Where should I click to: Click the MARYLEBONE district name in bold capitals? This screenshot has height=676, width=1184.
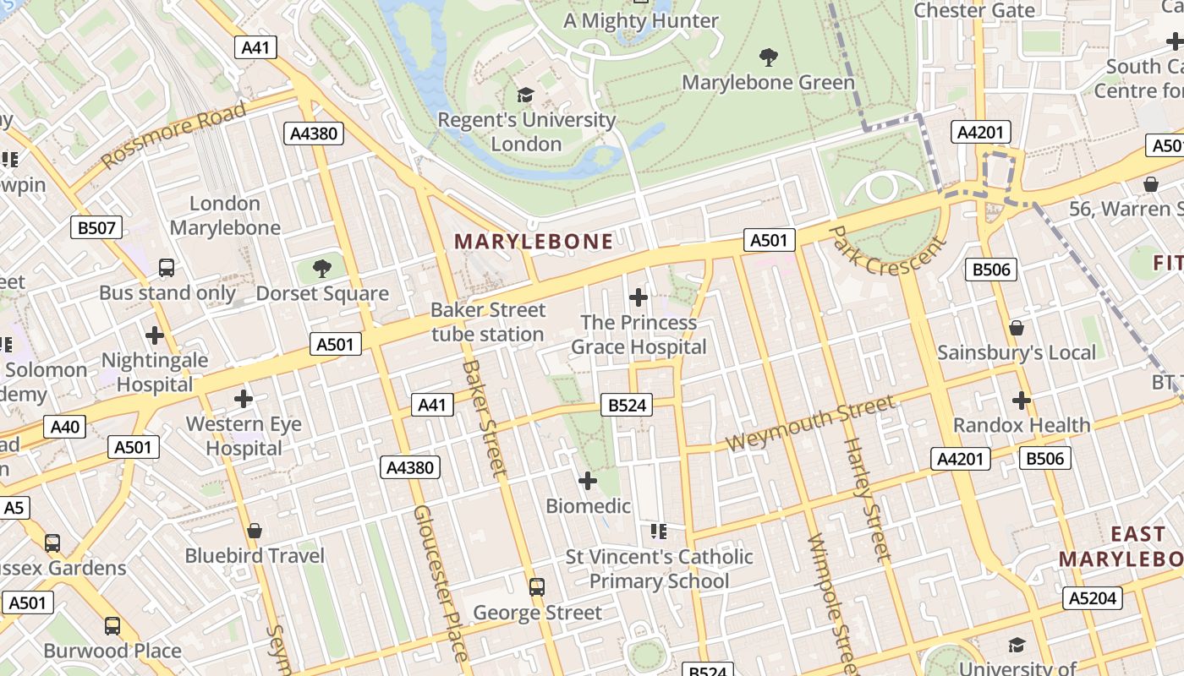[534, 242]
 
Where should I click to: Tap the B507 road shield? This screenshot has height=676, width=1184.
[98, 227]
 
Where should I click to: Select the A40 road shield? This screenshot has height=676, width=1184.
[65, 427]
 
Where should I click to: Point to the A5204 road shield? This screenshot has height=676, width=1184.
[1093, 598]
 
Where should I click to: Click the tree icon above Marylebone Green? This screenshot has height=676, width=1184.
[768, 57]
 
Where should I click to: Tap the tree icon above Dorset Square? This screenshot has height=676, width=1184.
[321, 269]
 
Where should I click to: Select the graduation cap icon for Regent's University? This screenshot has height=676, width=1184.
[526, 95]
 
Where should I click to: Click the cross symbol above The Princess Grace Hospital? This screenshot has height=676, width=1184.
[639, 297]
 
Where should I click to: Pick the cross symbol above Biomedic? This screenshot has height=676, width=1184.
[587, 481]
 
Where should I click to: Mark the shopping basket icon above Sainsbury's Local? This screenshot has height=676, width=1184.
[1017, 327]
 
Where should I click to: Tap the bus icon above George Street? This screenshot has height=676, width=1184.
[536, 586]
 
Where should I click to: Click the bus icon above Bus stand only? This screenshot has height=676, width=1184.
[167, 268]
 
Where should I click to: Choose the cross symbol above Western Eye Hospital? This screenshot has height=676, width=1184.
[244, 398]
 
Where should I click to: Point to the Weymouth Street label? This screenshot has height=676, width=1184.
[809, 424]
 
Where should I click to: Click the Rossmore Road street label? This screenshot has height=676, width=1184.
[174, 135]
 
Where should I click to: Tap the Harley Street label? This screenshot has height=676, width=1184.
[868, 499]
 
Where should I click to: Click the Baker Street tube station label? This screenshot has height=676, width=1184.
[488, 322]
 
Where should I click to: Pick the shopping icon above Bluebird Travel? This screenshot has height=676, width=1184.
[255, 531]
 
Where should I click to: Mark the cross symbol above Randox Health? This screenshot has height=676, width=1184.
[1022, 400]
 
